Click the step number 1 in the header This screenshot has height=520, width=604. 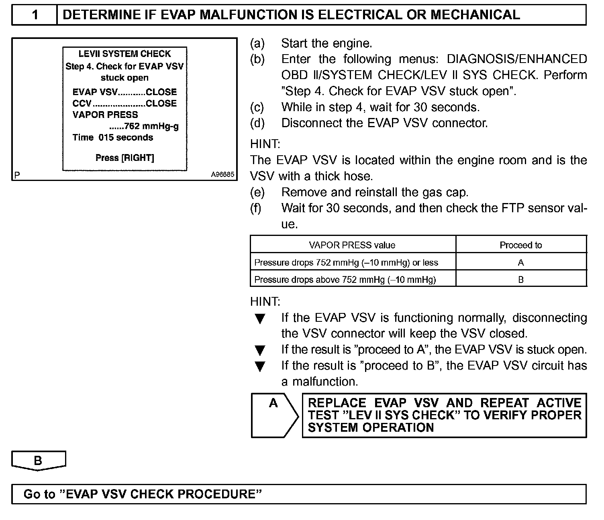pyautogui.click(x=35, y=15)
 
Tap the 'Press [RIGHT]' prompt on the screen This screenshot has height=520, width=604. pyautogui.click(x=124, y=158)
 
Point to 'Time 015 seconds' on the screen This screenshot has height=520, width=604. pyautogui.click(x=112, y=137)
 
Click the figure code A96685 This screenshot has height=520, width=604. pyautogui.click(x=222, y=175)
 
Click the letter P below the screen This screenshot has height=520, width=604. pyautogui.click(x=17, y=175)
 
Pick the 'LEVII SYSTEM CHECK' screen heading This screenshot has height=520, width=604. pyautogui.click(x=124, y=54)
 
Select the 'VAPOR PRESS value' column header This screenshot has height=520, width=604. pyautogui.click(x=352, y=245)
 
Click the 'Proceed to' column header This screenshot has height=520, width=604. pyautogui.click(x=520, y=245)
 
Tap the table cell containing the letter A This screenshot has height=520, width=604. pyautogui.click(x=521, y=262)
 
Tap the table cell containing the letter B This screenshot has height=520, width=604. pyautogui.click(x=521, y=279)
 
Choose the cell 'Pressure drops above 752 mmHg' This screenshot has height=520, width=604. pyautogui.click(x=345, y=279)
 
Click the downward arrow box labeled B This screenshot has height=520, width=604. pyautogui.click(x=38, y=461)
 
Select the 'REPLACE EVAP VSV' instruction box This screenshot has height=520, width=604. pyautogui.click(x=444, y=415)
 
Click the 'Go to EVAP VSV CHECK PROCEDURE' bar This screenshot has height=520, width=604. pyautogui.click(x=299, y=494)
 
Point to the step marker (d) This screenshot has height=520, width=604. pyautogui.click(x=257, y=123)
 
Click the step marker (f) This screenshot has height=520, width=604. pyautogui.click(x=256, y=208)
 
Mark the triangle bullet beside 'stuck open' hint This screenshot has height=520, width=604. pyautogui.click(x=260, y=351)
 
